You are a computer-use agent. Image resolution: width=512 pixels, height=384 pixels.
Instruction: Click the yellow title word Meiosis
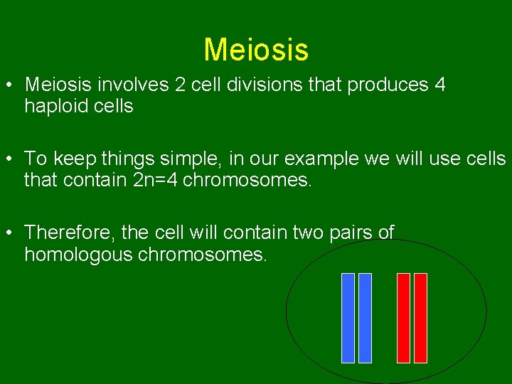coord(256,50)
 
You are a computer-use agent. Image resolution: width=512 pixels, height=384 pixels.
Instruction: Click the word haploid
coord(54,107)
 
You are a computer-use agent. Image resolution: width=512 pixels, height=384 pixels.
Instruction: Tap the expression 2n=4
coord(156,180)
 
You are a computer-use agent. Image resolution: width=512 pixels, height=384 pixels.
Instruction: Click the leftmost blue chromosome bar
coord(348,318)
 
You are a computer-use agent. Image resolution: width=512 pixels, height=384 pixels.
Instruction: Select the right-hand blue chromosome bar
coord(365,318)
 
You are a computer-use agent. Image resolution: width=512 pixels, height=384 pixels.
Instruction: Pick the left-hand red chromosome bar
coord(403,318)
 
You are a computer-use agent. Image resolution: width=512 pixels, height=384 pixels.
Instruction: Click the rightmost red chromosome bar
coord(420,318)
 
